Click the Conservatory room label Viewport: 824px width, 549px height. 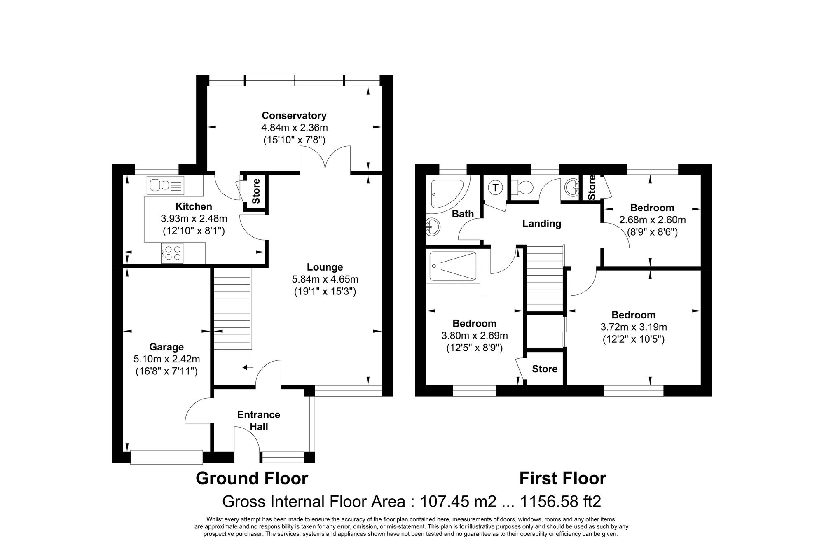(x=294, y=116)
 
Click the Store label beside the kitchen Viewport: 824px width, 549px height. (x=256, y=191)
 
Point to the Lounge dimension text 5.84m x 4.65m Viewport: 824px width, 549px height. (x=325, y=279)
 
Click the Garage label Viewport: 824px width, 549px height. (x=166, y=347)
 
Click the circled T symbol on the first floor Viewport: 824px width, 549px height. (x=495, y=188)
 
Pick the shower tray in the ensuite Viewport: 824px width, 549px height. (x=453, y=266)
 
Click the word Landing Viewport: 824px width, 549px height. (x=542, y=224)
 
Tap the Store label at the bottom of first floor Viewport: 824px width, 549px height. (x=544, y=369)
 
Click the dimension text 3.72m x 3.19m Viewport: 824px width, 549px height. (x=634, y=327)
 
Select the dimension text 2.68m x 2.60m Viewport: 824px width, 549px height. (x=652, y=220)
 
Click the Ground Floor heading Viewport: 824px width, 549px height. (x=252, y=479)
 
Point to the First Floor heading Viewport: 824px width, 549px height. (x=562, y=479)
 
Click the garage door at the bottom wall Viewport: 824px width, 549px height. (x=166, y=457)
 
